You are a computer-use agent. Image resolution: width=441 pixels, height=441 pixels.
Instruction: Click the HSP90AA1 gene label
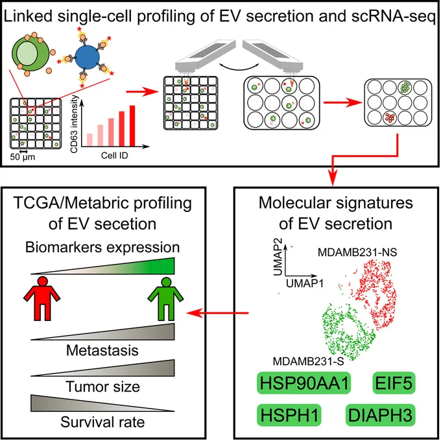point(304,383)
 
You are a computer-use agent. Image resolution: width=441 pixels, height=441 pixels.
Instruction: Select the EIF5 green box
point(394,383)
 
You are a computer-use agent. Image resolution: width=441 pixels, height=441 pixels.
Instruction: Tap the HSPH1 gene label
point(289,415)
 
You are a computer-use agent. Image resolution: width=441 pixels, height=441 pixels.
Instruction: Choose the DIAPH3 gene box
point(380,415)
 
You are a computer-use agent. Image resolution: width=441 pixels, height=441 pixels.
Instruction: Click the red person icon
point(42,298)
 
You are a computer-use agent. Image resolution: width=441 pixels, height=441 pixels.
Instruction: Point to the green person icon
point(166,299)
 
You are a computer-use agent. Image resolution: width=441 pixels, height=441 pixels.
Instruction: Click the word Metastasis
point(102,350)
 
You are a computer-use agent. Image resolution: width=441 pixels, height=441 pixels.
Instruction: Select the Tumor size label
point(102,387)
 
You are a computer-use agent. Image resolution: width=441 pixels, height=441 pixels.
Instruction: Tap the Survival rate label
point(102,422)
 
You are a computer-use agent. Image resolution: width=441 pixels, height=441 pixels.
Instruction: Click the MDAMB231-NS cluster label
point(357,252)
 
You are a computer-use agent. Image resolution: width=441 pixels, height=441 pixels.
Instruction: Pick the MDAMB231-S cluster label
point(308,361)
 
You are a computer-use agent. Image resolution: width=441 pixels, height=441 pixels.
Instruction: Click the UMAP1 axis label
point(305,283)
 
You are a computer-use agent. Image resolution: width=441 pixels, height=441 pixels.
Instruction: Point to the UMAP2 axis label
point(278,257)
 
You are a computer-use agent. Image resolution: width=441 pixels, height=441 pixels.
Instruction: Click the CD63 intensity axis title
point(74,124)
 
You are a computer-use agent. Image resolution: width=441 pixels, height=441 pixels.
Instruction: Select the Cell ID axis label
point(115,156)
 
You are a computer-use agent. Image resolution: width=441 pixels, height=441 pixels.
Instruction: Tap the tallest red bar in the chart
point(132,126)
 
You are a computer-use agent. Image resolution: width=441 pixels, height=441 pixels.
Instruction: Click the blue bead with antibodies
point(88,57)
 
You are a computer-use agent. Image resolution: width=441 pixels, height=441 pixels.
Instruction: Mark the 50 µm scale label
point(23,157)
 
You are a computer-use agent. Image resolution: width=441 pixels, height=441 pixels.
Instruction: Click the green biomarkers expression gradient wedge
point(102,266)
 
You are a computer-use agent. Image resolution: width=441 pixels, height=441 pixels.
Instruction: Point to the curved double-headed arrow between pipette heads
point(239,67)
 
